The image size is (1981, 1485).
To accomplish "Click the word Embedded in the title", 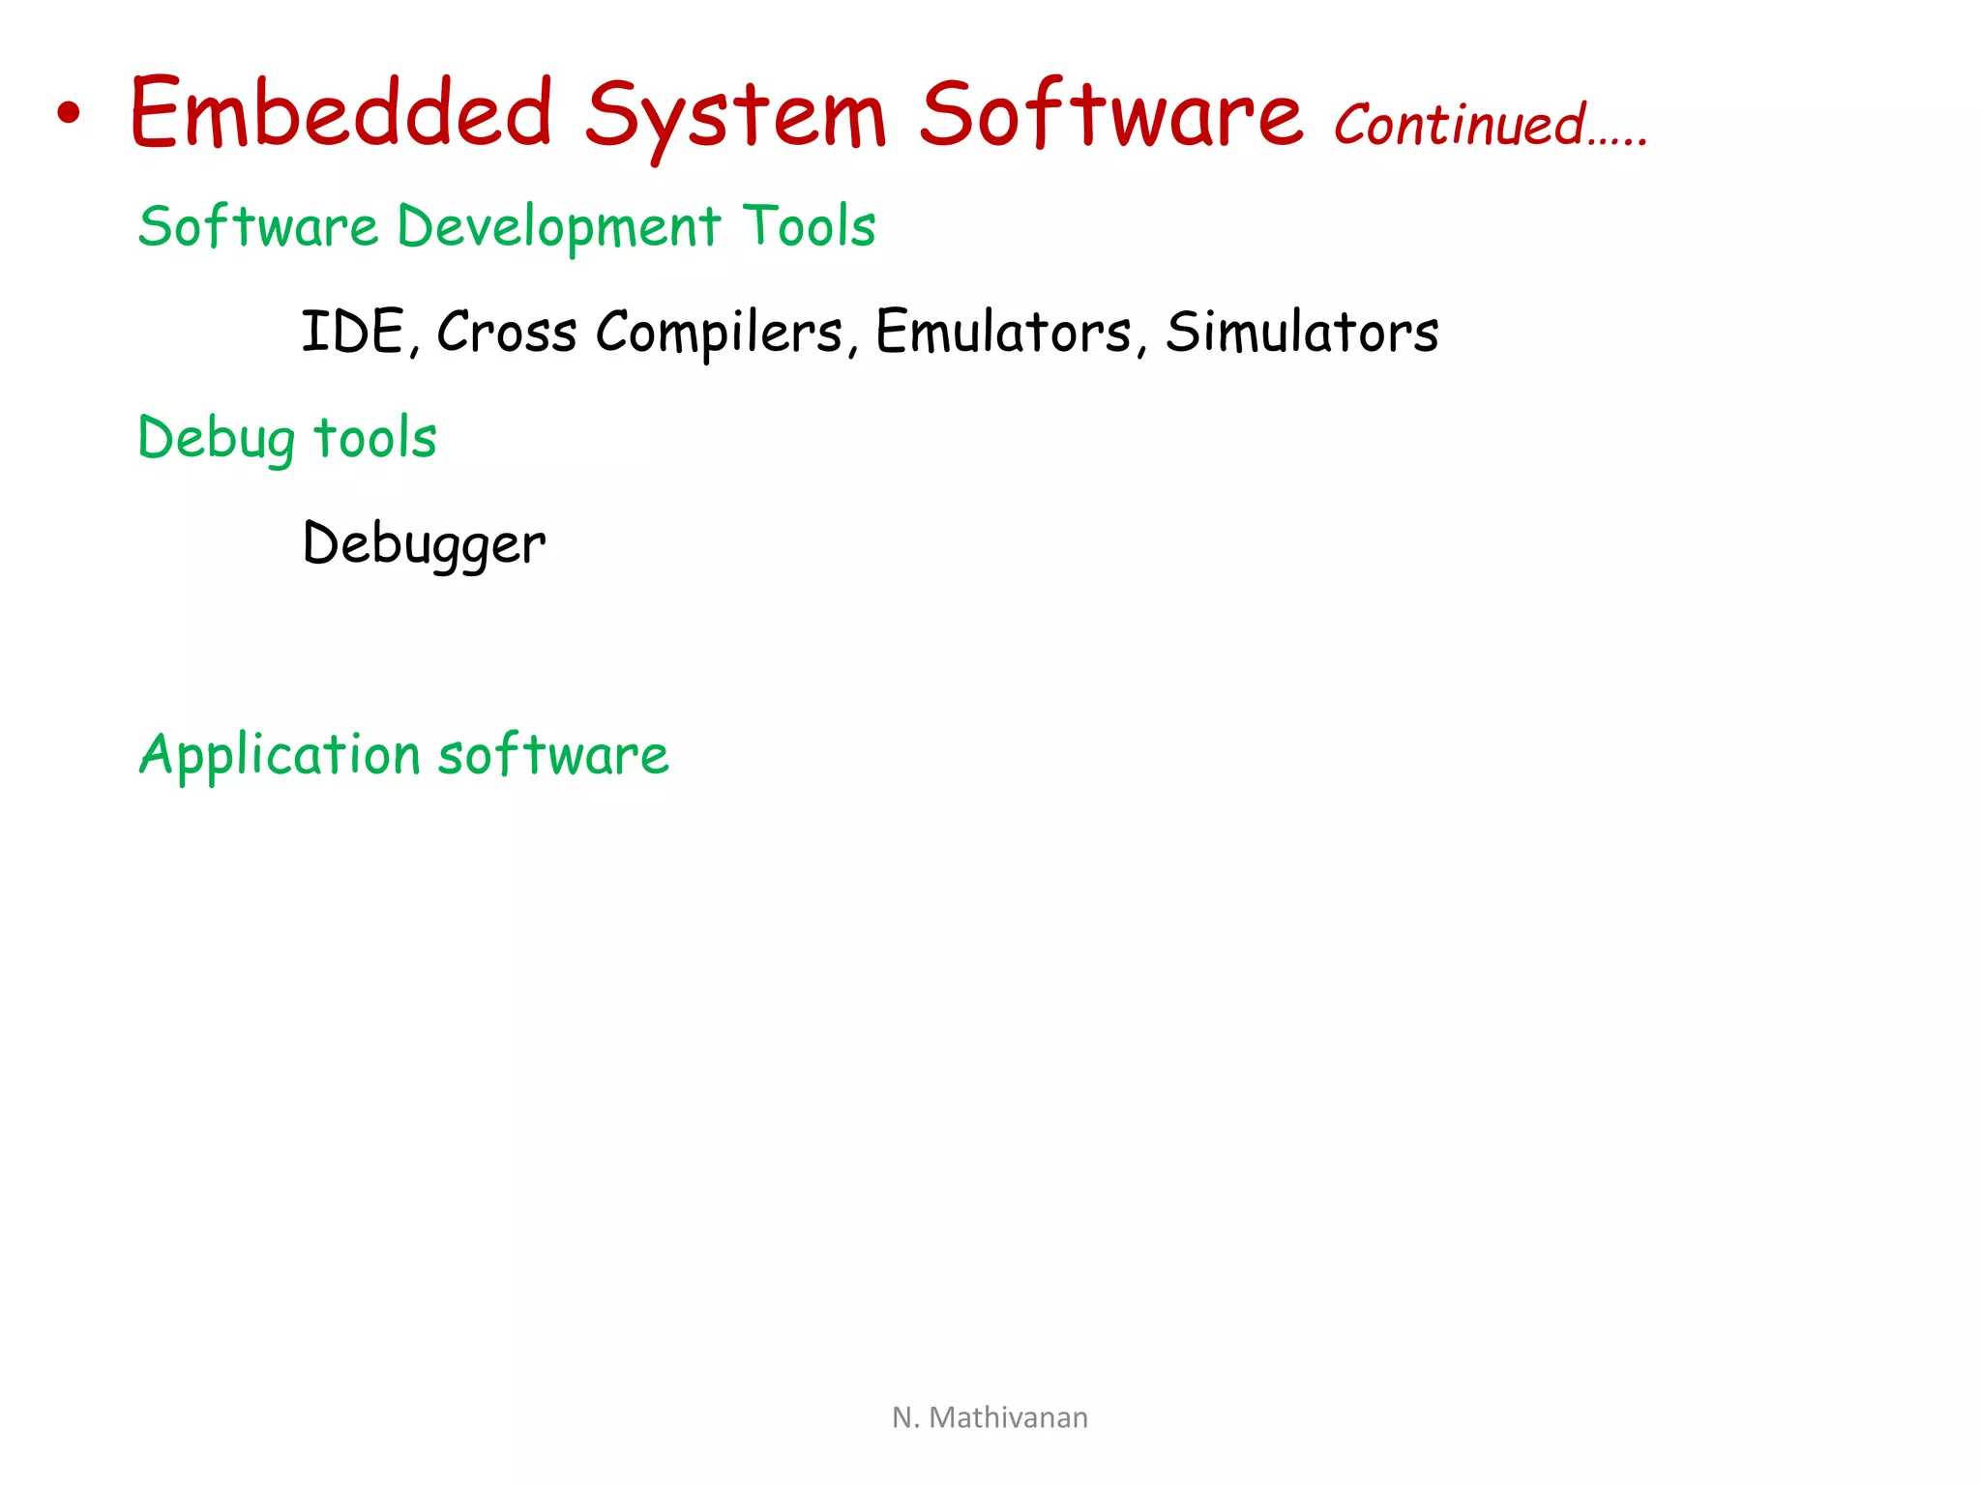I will pos(341,113).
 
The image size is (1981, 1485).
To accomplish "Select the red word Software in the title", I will pos(1111,113).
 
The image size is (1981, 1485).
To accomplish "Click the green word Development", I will pos(559,228).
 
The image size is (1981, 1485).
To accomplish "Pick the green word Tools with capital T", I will pos(809,226).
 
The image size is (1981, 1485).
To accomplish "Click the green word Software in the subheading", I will pos(257,226).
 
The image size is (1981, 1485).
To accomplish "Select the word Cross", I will pos(507,332).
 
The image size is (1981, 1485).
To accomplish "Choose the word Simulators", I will pos(1302,332).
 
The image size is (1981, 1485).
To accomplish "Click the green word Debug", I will pos(217,439).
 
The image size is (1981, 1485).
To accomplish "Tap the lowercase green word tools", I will pos(375,437).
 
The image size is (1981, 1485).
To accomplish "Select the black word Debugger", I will pos(424,544).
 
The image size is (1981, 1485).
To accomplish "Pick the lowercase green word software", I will pos(553,754).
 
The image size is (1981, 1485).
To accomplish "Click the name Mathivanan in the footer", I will pos(1008,1417).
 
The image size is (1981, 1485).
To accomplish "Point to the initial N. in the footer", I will pos(904,1417).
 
